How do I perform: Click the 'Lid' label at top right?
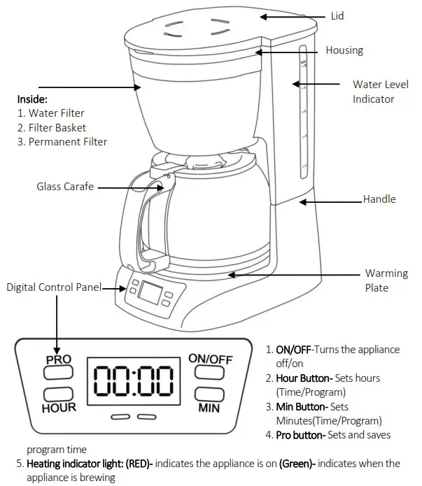click(337, 15)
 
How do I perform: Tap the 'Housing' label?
click(344, 50)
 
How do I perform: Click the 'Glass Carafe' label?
click(65, 187)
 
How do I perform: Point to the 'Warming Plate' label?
click(386, 280)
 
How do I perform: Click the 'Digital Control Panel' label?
click(55, 287)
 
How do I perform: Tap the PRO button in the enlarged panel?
click(59, 370)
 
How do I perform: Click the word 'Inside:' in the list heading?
click(32, 99)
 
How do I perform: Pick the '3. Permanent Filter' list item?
click(62, 142)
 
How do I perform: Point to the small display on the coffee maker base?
click(150, 292)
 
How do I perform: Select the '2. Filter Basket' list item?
click(52, 128)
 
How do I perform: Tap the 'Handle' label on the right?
click(379, 199)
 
